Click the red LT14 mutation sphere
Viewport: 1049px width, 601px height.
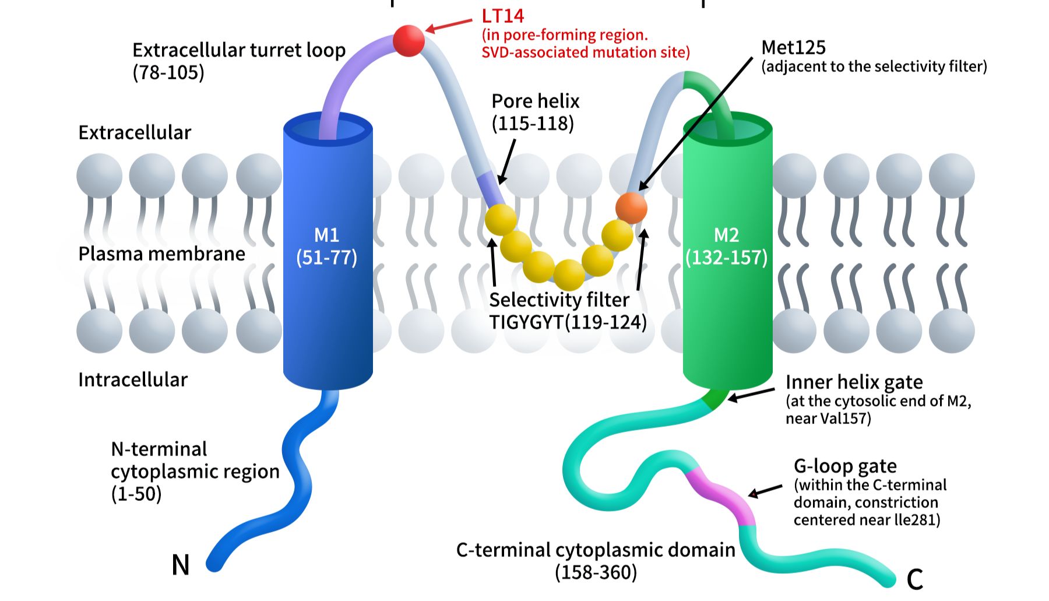[409, 41]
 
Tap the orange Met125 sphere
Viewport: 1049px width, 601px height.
[631, 208]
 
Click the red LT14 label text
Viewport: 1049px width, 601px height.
[502, 16]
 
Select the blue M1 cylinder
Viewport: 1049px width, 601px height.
[328, 251]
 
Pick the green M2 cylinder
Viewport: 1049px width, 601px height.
[727, 251]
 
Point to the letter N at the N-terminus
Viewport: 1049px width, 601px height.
[181, 565]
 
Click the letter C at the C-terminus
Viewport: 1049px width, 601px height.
[915, 579]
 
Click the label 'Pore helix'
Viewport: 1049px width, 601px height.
[536, 101]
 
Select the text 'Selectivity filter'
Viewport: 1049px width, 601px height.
[559, 300]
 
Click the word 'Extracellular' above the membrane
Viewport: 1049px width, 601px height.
[135, 132]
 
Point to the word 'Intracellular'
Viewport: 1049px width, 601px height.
[133, 379]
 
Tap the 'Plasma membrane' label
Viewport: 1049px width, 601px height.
[161, 254]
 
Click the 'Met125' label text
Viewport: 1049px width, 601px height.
[793, 47]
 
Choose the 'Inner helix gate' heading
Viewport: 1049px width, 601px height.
[854, 382]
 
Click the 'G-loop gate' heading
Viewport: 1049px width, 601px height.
[845, 466]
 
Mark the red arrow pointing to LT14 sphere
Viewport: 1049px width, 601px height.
[449, 25]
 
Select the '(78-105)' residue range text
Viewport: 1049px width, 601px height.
[168, 73]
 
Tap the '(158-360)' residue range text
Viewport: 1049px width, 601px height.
[596, 572]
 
